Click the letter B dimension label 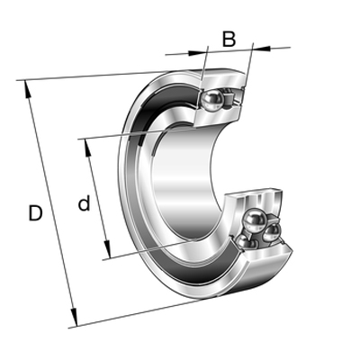pos(229,40)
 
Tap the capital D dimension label pos(35,213)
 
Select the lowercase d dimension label pos(84,202)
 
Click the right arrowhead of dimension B pos(261,48)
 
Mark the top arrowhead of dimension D pos(27,89)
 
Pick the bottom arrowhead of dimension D pos(74,317)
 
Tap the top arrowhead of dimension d pos(87,148)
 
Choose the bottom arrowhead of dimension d pos(107,249)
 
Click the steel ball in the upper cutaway pos(212,99)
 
